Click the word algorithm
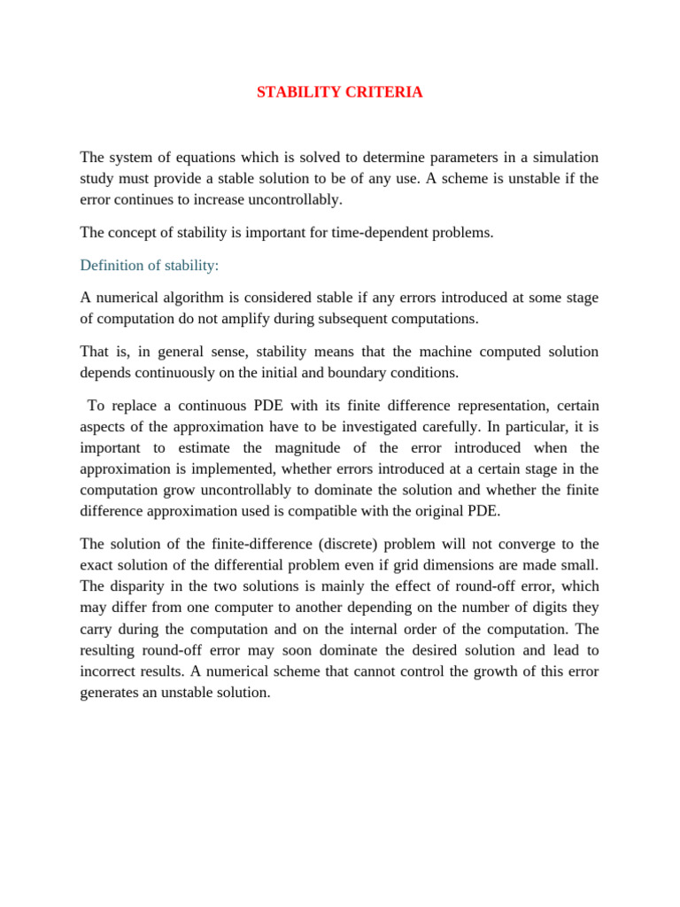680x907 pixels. click(197, 298)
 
